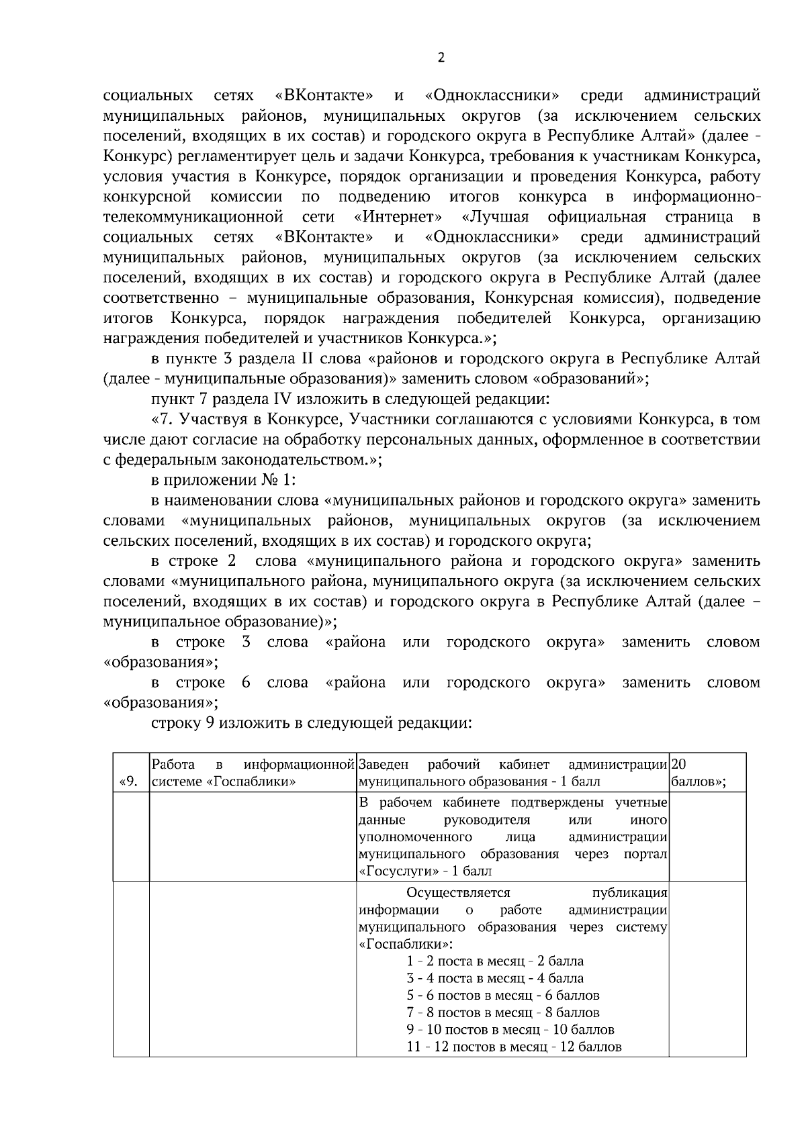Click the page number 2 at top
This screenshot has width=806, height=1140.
click(x=441, y=58)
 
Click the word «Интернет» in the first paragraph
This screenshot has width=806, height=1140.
click(x=398, y=217)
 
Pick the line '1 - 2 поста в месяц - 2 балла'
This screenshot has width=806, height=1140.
click(x=495, y=961)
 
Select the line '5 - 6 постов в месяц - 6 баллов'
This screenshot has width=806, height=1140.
click(x=503, y=995)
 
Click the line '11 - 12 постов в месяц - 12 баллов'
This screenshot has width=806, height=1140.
click(x=514, y=1047)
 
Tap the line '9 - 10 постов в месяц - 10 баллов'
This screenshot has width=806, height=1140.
click(x=510, y=1029)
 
